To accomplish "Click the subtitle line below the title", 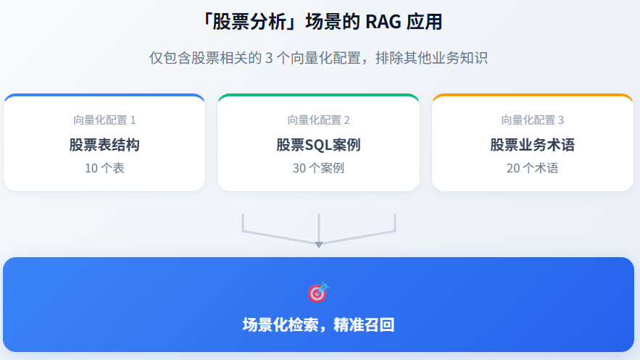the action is [x=318, y=58].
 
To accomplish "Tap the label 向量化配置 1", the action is [x=104, y=120].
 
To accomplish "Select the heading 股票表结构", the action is [x=104, y=145].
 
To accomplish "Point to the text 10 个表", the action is [x=104, y=169].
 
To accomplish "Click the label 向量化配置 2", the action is [x=318, y=120].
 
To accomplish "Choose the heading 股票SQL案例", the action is [x=318, y=145].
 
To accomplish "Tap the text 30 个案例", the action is [x=318, y=169].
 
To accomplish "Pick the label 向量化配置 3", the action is [x=533, y=120].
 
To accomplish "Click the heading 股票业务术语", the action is [x=533, y=145].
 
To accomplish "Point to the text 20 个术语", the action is [x=533, y=169].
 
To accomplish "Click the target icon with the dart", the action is [x=317, y=292].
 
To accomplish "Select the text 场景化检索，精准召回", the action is [x=318, y=325].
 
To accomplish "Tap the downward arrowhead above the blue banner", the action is [x=318, y=245].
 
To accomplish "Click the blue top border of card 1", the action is [x=104, y=95].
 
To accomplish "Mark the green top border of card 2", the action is [x=318, y=95].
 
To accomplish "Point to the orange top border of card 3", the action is [x=533, y=95].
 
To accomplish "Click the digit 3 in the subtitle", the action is [x=269, y=59].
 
